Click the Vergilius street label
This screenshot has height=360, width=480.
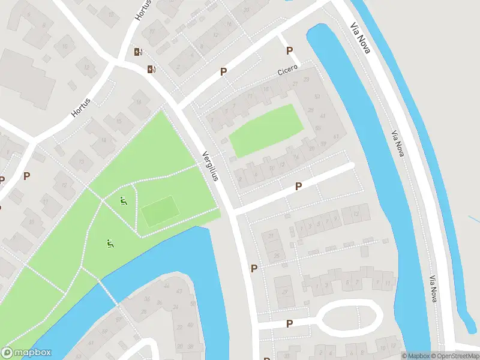tap(209, 165)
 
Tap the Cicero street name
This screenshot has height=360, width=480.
tap(288, 71)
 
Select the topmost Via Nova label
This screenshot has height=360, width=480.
tap(361, 38)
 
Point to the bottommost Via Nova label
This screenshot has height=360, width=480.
tap(433, 289)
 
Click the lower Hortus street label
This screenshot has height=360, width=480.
tap(80, 107)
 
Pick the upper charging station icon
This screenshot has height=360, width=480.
tap(139, 52)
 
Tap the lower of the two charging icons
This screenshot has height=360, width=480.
tap(151, 70)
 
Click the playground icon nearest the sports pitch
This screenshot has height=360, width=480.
tap(124, 201)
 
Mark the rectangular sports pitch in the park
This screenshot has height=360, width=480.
tap(160, 212)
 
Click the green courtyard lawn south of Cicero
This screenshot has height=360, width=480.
tap(266, 130)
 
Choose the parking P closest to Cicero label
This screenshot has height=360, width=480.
tap(289, 51)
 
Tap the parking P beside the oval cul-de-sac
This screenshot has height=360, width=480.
tap(289, 323)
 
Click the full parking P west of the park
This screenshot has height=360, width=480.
tap(26, 176)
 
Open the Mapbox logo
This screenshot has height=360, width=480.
tap(26, 353)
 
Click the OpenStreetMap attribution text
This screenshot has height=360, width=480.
tap(454, 356)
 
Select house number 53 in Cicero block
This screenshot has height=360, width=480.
tap(316, 97)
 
